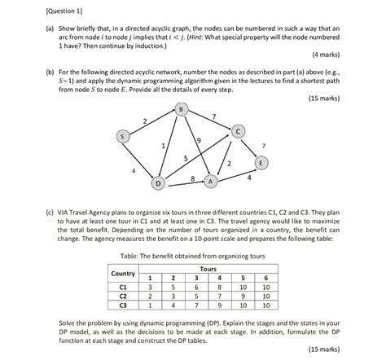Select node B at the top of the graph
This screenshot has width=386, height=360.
pos(180,109)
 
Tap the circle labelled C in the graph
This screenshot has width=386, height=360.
pos(237,130)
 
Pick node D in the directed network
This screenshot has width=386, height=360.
pos(159,182)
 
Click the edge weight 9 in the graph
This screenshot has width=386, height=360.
pos(198,143)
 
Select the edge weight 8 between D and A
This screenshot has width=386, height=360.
pos(191,177)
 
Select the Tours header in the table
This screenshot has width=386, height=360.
pos(208,267)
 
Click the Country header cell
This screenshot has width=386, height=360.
pos(123,273)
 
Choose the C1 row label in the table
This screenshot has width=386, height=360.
pos(123,287)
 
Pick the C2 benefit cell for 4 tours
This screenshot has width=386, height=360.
pos(218,296)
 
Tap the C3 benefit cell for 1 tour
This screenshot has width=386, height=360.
pos(150,305)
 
